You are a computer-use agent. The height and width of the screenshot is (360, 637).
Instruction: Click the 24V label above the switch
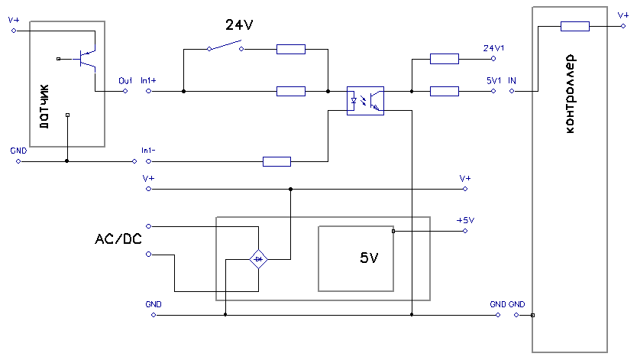pyautogui.click(x=239, y=24)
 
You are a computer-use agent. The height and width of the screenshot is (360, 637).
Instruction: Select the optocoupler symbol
pyautogui.click(x=365, y=99)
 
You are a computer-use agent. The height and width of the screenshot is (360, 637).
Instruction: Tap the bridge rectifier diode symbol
pyautogui.click(x=259, y=260)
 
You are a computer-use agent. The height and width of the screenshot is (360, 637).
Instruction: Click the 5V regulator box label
pyautogui.click(x=368, y=258)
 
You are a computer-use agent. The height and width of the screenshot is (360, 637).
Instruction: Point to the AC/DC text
pyautogui.click(x=118, y=239)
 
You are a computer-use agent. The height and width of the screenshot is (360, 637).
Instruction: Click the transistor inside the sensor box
pyautogui.click(x=86, y=58)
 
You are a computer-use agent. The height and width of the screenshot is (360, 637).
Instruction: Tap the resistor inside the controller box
pyautogui.click(x=574, y=27)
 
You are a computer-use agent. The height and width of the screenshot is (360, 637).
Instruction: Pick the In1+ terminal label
pyautogui.click(x=149, y=79)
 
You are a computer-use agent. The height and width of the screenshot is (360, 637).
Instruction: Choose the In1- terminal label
pyautogui.click(x=149, y=150)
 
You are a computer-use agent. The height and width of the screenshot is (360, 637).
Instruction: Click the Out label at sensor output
pyautogui.click(x=125, y=79)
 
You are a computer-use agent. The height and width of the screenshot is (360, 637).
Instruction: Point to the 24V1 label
pyautogui.click(x=493, y=48)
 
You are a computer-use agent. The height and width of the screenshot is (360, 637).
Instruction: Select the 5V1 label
pyautogui.click(x=493, y=79)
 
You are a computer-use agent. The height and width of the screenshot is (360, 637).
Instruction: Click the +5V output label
pyautogui.click(x=465, y=220)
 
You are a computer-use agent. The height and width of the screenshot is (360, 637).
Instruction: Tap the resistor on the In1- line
pyautogui.click(x=276, y=161)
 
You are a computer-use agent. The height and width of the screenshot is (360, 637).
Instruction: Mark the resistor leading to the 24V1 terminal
pyautogui.click(x=444, y=58)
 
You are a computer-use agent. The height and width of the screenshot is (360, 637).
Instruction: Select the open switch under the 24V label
pyautogui.click(x=226, y=47)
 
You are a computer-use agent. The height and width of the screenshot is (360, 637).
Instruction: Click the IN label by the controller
pyautogui.click(x=512, y=79)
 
